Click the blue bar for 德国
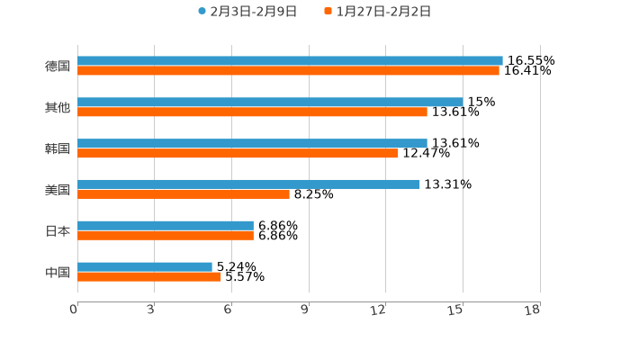point(290,60)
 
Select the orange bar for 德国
point(288,70)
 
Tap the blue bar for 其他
point(270,102)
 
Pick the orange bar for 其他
point(252,112)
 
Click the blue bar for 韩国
point(252,143)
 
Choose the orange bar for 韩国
point(238,153)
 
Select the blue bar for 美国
point(248,184)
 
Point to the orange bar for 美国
point(184,193)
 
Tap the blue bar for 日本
point(166,225)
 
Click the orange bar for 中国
point(149,276)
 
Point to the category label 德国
point(58,66)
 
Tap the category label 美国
point(58,189)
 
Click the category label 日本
point(58,230)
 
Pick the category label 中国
point(58,272)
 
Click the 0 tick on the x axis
point(75,310)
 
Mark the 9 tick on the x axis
point(305,310)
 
